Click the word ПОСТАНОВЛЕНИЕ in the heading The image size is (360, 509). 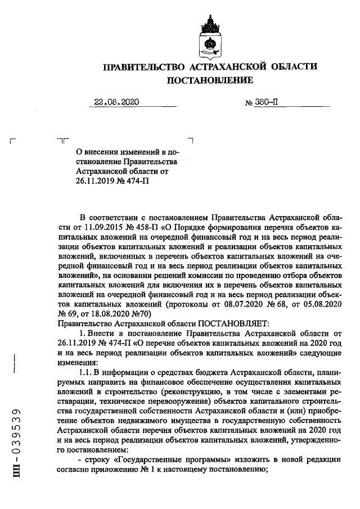click(209, 81)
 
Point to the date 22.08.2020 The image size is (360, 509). click(116, 102)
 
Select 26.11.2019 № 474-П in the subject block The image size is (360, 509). click(113, 181)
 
